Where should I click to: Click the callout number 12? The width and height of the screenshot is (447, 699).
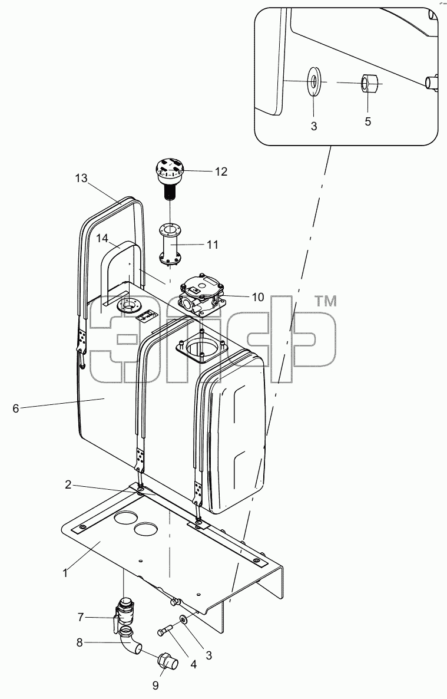tap(221, 172)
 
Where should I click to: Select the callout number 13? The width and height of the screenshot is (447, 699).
tap(81, 179)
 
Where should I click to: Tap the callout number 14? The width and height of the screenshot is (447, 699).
tap(102, 239)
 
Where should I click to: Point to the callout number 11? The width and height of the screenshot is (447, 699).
tap(212, 245)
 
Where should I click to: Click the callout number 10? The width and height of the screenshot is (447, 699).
tap(258, 297)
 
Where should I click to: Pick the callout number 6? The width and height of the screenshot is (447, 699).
tap(16, 408)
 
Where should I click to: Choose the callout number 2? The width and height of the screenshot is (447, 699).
tap(68, 484)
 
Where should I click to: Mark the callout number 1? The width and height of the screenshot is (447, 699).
tap(65, 573)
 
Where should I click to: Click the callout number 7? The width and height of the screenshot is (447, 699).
tap(80, 618)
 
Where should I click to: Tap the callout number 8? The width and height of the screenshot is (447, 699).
tap(80, 643)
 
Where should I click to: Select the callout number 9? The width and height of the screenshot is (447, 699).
tap(155, 685)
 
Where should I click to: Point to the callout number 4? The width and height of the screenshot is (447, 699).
tap(193, 665)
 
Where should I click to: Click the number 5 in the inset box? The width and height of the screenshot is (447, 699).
tap(367, 121)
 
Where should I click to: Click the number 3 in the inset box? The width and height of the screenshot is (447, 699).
tap(314, 126)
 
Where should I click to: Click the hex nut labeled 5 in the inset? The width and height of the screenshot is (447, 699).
tap(369, 83)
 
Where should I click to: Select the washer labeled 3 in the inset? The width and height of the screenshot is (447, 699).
tap(314, 81)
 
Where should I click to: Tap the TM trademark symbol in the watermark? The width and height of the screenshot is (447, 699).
tap(326, 302)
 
